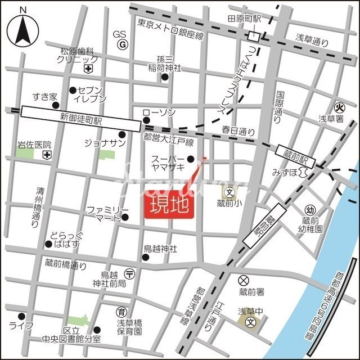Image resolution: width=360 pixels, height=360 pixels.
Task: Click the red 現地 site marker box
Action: coord(170,207)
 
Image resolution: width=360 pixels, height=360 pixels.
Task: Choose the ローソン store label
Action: coord(159,113)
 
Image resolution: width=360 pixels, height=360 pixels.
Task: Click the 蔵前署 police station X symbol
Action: coord(244,280)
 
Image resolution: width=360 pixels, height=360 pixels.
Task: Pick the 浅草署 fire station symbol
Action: coord(339,107)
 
